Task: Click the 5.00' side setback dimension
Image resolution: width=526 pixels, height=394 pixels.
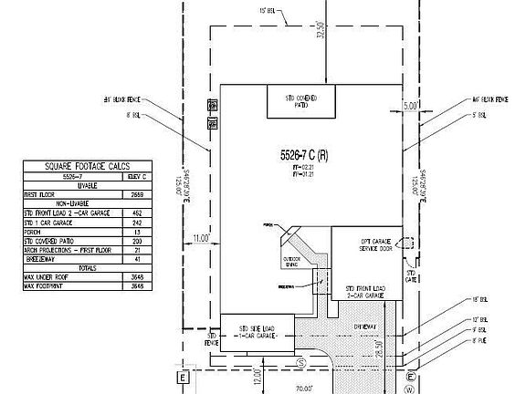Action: tap(411, 107)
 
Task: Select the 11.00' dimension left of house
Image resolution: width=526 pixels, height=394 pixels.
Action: tap(200, 239)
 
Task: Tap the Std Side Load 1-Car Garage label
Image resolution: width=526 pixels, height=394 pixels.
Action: tap(257, 329)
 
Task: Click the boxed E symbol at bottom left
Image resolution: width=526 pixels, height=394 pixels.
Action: tap(181, 377)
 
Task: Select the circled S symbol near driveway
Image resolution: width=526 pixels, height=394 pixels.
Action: tap(300, 362)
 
